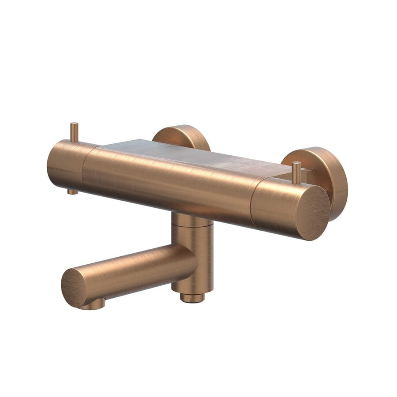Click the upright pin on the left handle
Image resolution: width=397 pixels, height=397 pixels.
tap(74, 132)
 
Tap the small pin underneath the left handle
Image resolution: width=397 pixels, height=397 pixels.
tap(72, 191)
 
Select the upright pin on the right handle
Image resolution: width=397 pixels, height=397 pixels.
tap(296, 172)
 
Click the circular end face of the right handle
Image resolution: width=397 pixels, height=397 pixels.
tap(312, 212)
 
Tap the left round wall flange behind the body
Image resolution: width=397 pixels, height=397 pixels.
tap(182, 135)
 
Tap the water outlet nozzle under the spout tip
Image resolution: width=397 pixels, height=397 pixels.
tap(94, 304)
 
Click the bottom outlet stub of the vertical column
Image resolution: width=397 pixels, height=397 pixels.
tap(192, 298)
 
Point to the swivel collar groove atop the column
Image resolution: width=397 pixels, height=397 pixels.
tap(192, 225)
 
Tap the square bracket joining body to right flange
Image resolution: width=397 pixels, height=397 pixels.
tap(311, 176)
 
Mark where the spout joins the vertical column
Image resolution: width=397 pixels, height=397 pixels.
tap(187, 260)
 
